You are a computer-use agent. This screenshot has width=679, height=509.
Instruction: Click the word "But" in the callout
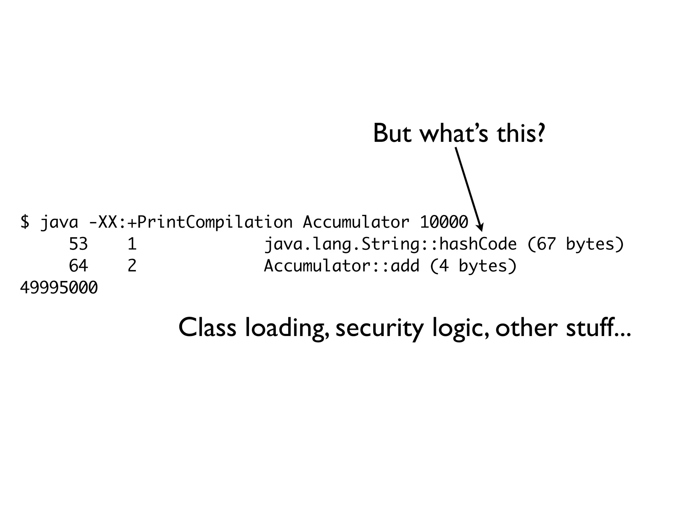tap(392, 134)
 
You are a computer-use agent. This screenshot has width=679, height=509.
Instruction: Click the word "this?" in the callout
tap(521, 134)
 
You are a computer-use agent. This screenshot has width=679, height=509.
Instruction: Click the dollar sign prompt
tap(25, 222)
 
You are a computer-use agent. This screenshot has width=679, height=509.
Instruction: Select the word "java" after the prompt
tap(59, 222)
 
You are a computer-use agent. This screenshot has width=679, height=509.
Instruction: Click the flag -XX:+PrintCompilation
tap(191, 222)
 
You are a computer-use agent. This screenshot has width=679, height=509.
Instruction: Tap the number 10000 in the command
tap(444, 222)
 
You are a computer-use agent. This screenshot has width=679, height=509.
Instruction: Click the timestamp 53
tap(78, 244)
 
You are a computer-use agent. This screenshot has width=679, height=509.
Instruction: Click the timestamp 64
tap(78, 266)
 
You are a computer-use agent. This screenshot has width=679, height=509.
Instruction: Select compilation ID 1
tap(132, 244)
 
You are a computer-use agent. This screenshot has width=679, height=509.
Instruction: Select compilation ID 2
tap(132, 266)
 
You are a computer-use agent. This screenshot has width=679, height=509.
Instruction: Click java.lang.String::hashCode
tap(390, 245)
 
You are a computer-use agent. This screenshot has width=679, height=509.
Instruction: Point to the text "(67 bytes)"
tap(575, 245)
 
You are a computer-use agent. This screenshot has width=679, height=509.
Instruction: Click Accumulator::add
tap(341, 266)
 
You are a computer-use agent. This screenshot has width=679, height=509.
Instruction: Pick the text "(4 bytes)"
tap(473, 266)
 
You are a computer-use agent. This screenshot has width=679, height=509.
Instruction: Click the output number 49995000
tap(59, 288)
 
